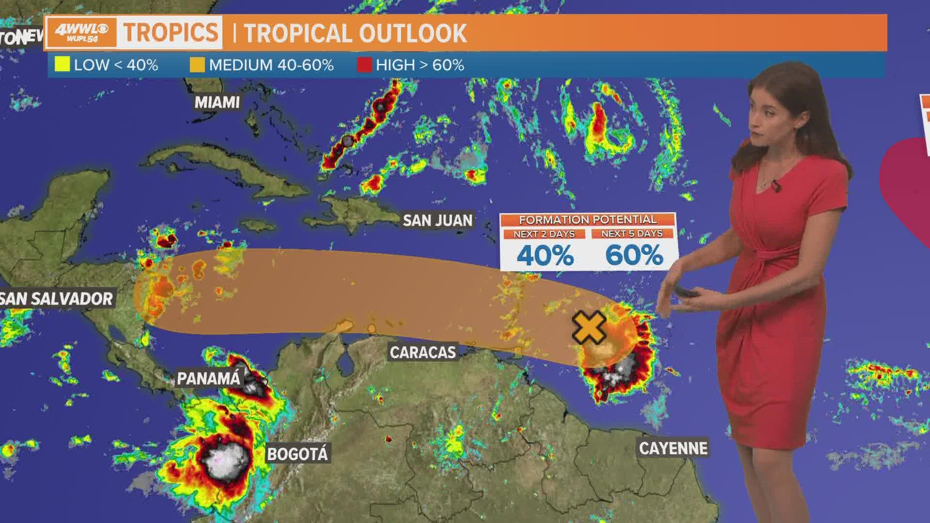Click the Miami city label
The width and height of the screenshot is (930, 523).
[217, 102]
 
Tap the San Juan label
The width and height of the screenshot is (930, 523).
[437, 220]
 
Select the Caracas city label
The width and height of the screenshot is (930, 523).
[423, 352]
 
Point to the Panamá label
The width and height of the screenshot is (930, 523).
[208, 378]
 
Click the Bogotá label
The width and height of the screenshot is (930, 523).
[297, 454]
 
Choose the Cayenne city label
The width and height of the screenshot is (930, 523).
[673, 448]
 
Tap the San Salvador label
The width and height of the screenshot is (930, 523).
[57, 298]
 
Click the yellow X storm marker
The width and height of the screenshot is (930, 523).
[589, 328]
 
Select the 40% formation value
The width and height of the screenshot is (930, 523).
[545, 255]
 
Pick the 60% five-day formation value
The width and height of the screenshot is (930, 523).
[634, 255]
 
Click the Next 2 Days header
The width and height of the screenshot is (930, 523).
[544, 234]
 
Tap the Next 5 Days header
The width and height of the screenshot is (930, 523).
[632, 233]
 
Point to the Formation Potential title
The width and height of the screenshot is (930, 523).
[588, 220]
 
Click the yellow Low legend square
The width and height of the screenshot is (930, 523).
[62, 65]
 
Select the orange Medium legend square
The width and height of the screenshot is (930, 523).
[197, 65]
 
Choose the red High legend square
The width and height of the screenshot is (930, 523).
[364, 65]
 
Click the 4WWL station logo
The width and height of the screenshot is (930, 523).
[81, 33]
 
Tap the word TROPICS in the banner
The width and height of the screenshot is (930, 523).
[170, 32]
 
